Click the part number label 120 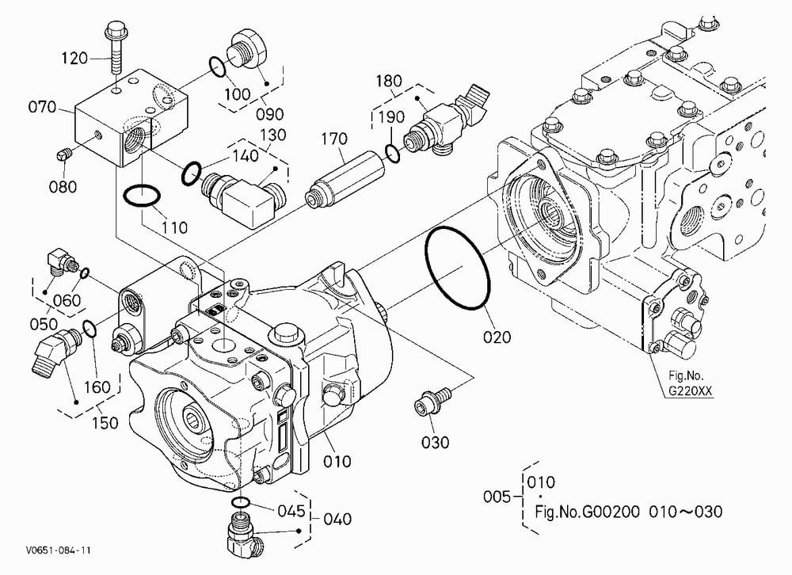coord(74,58)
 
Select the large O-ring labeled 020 coord(458,268)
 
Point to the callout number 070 coord(42,107)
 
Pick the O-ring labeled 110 coord(142,196)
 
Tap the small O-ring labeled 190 coord(393,153)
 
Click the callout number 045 coord(291,511)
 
